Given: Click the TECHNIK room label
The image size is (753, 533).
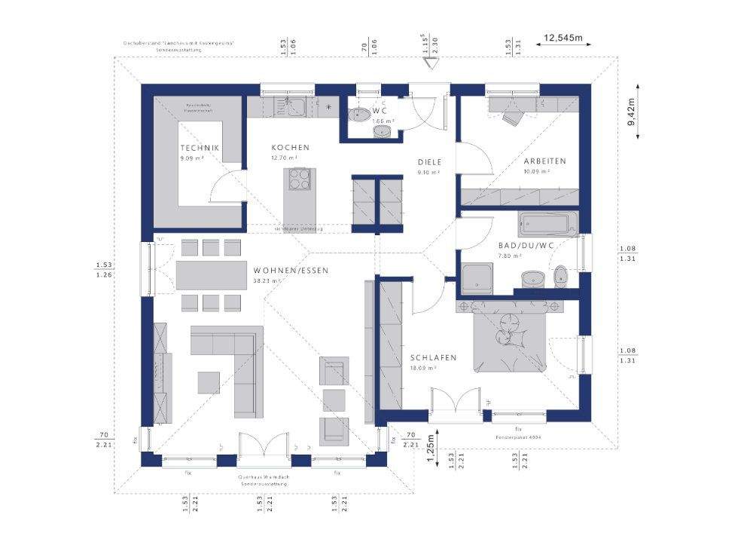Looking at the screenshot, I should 200,148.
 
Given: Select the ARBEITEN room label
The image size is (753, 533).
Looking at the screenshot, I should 545,161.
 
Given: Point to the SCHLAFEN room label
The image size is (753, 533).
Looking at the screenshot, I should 433,357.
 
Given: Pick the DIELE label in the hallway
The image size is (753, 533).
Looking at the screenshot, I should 430,161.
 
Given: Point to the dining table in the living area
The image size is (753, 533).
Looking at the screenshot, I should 210,275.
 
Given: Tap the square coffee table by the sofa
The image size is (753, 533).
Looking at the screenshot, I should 209,382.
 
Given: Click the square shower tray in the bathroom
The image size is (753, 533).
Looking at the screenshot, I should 477,277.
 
